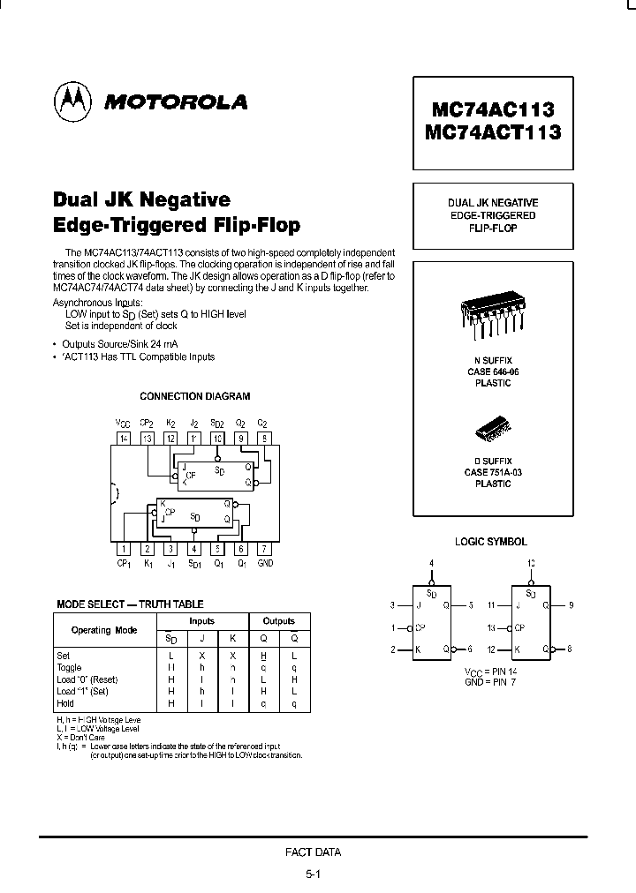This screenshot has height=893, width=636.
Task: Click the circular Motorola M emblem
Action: point(74,101)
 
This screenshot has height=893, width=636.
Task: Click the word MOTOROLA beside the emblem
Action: point(177,101)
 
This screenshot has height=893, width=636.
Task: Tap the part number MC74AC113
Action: point(492,109)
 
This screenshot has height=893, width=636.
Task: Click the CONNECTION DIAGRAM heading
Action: point(195,397)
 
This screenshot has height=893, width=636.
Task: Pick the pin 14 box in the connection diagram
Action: point(124,438)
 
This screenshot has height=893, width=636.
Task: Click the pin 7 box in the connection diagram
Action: point(264,548)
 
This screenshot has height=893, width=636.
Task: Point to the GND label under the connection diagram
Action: point(265,563)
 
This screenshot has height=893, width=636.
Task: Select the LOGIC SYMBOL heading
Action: point(491,542)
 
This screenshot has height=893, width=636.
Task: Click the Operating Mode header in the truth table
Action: point(103,630)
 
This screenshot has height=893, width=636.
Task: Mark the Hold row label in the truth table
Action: point(66,704)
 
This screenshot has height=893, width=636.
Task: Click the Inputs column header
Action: point(202,621)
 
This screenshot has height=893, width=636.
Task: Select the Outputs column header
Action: point(277,621)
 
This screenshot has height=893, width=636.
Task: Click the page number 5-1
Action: point(313,874)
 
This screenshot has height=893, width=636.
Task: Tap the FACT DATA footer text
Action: point(313,852)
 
